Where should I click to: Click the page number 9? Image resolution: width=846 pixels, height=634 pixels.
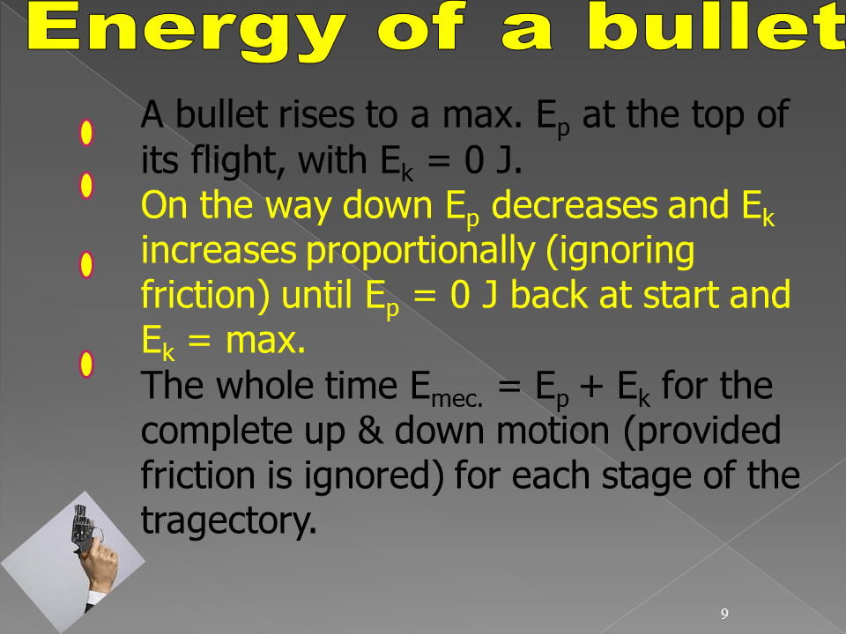click(724, 614)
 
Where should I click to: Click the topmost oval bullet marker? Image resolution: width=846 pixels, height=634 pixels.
click(86, 133)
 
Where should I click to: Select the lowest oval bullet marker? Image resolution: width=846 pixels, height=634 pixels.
click(86, 365)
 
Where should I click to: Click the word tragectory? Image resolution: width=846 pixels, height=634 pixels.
click(229, 520)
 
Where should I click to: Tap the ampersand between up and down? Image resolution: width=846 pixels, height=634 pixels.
click(370, 431)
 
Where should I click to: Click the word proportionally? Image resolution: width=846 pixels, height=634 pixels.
click(421, 251)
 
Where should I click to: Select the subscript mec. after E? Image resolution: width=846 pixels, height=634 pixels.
click(457, 400)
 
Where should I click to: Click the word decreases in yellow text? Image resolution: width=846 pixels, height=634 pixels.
click(575, 206)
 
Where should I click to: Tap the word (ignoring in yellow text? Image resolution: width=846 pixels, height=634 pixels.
click(620, 251)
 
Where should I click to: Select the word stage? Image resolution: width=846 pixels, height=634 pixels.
click(647, 476)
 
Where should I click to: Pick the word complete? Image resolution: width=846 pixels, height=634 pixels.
click(216, 431)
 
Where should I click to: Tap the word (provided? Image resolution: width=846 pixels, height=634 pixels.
click(702, 431)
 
